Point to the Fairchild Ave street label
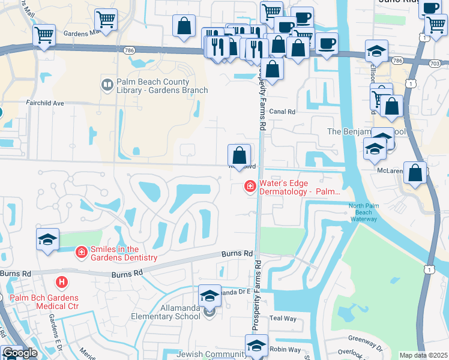pos(44,103)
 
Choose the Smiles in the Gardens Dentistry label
pos(124,253)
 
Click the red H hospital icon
pos(61,281)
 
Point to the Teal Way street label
pos(283,319)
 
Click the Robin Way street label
pos(285,349)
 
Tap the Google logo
pos(20,353)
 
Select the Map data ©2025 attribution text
pos(423,355)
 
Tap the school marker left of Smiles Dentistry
pos(48,239)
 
